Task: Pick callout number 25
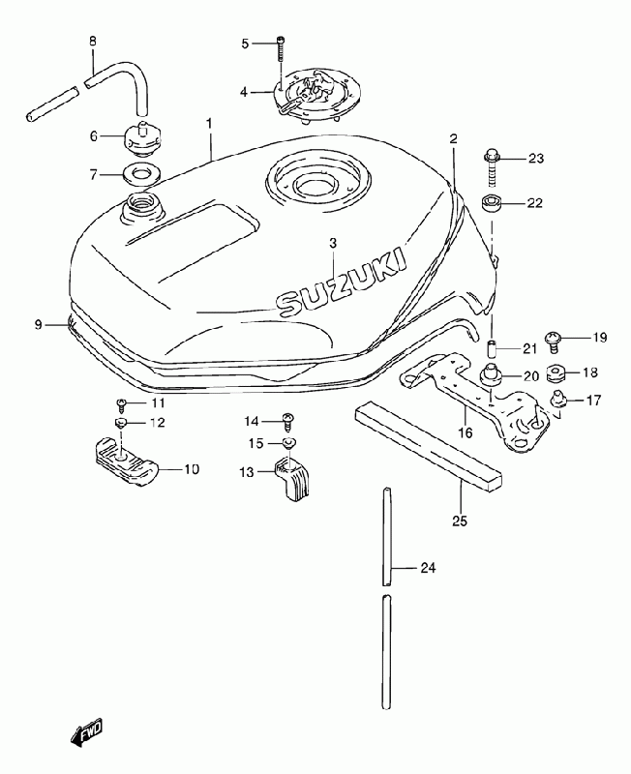[459, 521]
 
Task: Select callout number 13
[247, 472]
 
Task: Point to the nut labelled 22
[491, 204]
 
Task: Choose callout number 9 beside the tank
[39, 325]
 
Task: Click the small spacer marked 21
[491, 347]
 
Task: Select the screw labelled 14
[287, 420]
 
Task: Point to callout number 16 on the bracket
[466, 432]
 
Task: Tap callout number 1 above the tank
[208, 125]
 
